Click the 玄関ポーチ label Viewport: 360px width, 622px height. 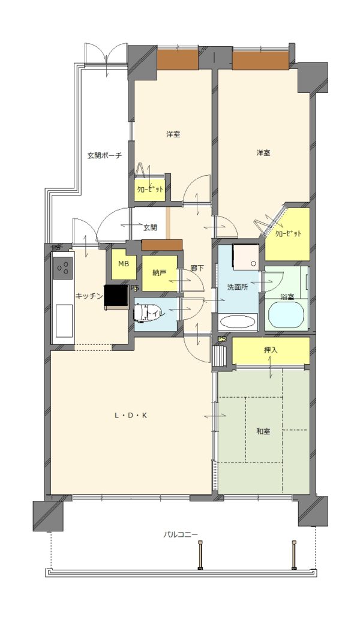coord(104,155)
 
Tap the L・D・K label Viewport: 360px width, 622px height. coord(131,416)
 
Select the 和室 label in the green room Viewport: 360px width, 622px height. coord(263,431)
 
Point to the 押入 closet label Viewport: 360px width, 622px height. coord(271,350)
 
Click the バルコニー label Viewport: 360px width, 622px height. coord(181,534)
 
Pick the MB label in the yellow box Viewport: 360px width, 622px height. coord(124,264)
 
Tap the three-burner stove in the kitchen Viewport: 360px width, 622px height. coord(63,269)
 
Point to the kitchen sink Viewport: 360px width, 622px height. coord(64,320)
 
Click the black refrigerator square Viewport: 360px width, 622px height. coord(116,296)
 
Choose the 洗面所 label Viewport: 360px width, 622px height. coord(238,287)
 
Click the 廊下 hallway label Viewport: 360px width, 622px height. coord(197,268)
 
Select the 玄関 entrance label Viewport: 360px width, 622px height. coord(150,228)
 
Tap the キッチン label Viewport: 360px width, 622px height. coord(90,296)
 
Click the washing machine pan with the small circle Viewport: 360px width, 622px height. coord(245,256)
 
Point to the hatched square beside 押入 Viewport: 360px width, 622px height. coord(220,356)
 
